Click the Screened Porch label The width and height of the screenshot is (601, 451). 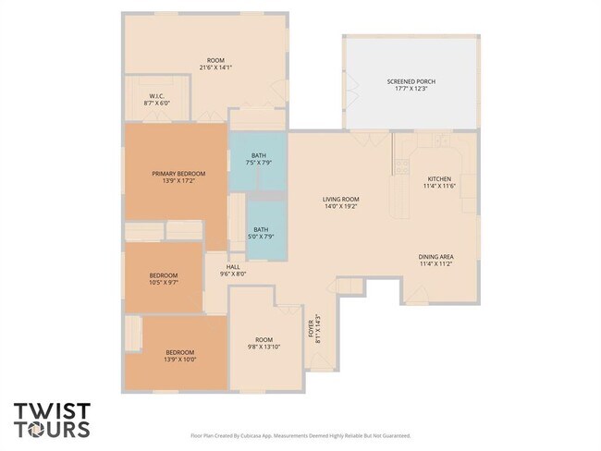(411, 81)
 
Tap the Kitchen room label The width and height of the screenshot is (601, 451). (437, 179)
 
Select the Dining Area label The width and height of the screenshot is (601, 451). (435, 257)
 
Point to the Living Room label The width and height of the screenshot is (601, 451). (340, 200)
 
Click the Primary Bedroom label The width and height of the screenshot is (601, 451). (178, 174)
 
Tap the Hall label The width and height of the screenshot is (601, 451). (233, 267)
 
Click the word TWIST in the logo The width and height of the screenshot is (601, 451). (52, 410)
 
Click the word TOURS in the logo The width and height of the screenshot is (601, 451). (52, 429)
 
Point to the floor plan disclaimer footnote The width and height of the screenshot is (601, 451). (300, 435)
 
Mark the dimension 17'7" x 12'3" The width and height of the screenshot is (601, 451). (411, 89)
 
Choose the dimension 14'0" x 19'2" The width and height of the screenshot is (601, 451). (340, 206)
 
